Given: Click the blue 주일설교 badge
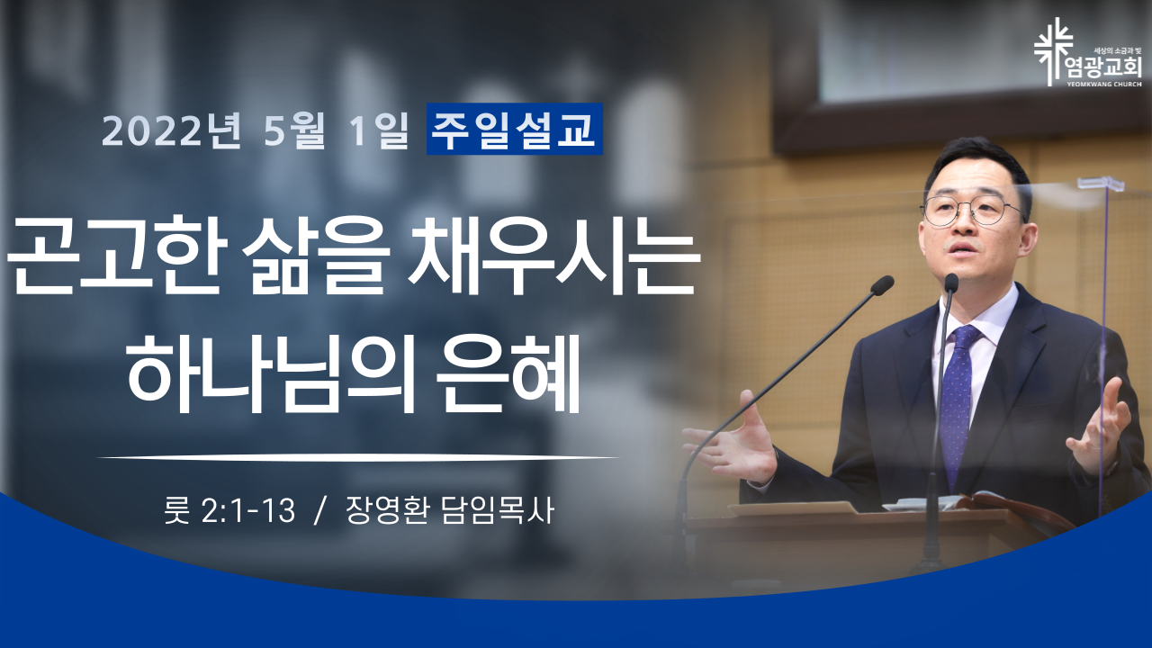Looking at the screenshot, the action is pyautogui.click(x=514, y=129).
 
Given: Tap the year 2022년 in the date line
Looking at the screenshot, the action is pyautogui.click(x=171, y=130).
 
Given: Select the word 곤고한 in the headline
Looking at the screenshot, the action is pyautogui.click(x=117, y=256).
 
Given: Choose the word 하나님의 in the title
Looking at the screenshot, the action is pyautogui.click(x=271, y=373).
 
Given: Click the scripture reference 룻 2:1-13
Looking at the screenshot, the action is pyautogui.click(x=229, y=510).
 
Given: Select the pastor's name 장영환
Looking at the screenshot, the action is pyautogui.click(x=387, y=510).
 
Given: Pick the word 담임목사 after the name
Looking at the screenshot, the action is pyautogui.click(x=498, y=510).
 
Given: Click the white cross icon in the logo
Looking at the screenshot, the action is pyautogui.click(x=1053, y=51).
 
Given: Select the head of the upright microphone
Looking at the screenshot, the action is pyautogui.click(x=951, y=283).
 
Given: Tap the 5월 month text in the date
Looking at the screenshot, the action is pyautogui.click(x=294, y=130).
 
